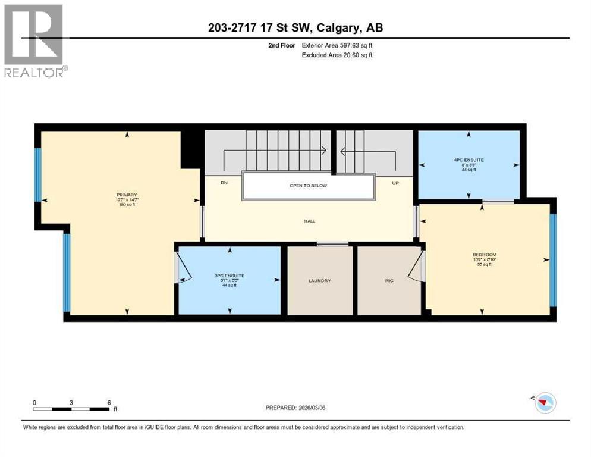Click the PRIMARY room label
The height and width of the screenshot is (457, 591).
click(127, 195)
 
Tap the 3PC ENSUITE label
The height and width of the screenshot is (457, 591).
click(230, 276)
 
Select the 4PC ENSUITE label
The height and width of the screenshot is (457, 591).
click(469, 160)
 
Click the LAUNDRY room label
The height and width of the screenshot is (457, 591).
click(319, 281)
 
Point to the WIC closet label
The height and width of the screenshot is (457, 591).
click(389, 281)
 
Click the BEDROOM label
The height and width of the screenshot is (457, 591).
click(485, 255)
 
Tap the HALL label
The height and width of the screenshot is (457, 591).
click(309, 221)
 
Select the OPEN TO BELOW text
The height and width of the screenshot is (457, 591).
click(309, 186)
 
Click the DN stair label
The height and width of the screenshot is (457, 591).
click(224, 183)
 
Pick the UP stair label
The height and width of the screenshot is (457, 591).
click(395, 183)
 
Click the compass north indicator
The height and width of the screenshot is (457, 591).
click(543, 403)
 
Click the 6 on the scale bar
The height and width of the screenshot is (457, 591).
click(109, 402)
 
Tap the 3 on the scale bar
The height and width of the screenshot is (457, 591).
click(71, 402)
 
